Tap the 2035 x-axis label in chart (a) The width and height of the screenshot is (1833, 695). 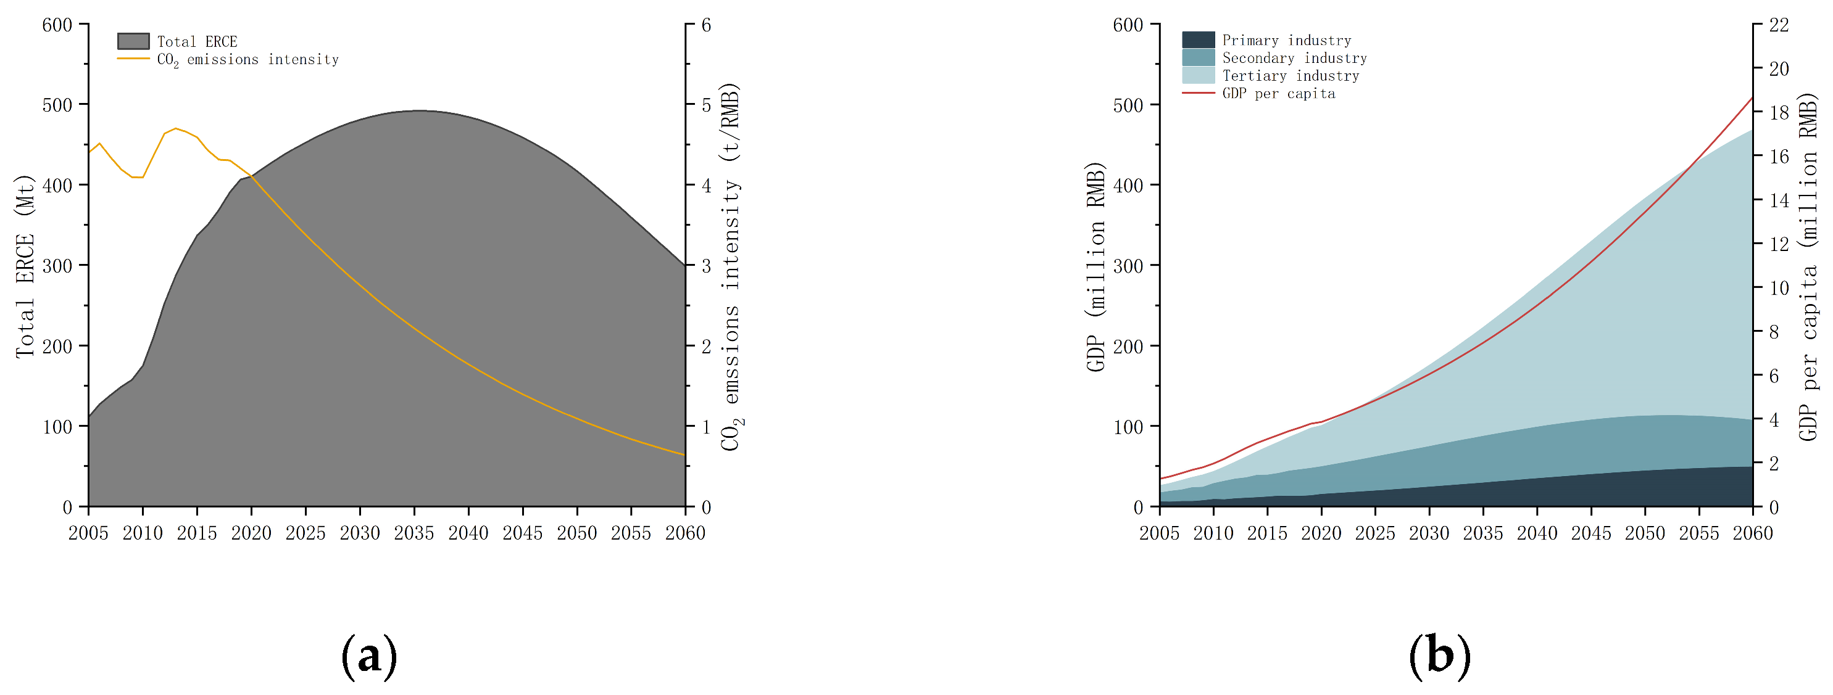coord(414,533)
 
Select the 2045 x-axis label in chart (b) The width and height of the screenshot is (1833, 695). coord(1591,533)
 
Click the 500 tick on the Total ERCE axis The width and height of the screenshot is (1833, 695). coord(57,105)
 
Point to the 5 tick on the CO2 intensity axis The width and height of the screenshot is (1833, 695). coord(706,105)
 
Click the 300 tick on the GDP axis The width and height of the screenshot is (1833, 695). coord(1127,266)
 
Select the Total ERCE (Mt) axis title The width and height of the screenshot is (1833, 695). coord(25,266)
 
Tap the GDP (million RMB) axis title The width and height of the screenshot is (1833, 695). coord(1096,266)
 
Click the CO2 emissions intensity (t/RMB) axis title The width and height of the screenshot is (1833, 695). coord(731,266)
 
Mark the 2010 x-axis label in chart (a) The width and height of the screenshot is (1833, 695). coord(143,533)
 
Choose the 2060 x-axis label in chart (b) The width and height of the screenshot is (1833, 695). coord(1753,533)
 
